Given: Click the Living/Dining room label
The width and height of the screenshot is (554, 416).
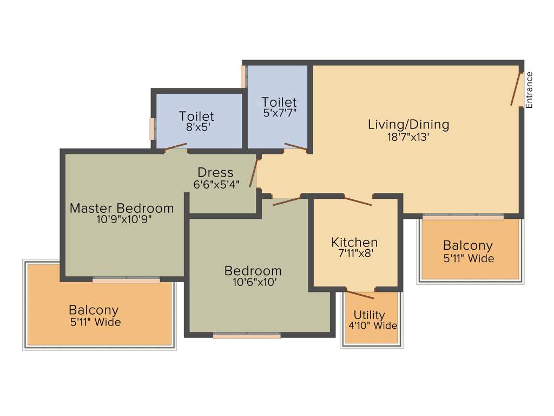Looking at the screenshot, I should point(408,124).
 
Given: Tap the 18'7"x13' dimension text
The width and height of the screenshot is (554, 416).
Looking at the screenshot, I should point(408,137).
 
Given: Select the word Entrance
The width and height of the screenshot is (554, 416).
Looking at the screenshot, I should point(530,90).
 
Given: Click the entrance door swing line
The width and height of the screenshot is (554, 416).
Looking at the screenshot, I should point(516,89).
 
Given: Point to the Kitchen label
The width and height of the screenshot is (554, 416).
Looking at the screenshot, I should point(354,242).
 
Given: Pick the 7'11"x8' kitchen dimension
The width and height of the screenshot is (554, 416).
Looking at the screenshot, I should point(354,253).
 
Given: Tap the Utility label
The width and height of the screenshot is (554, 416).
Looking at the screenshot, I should point(370,315).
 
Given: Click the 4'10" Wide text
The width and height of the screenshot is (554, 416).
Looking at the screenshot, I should point(373,326).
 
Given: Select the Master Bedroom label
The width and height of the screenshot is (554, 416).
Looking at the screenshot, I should point(122,208).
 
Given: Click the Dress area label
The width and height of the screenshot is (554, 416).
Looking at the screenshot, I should point(215,172).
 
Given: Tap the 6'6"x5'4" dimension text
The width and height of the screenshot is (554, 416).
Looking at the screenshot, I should point(216,184).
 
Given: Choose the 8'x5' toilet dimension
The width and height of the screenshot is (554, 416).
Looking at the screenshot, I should point(196,127).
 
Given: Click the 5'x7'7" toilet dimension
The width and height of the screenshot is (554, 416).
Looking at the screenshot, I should point(279,113).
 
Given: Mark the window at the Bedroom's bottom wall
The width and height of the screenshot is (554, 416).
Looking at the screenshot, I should point(247,336).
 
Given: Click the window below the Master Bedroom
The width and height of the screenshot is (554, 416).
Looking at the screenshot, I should point(126,280).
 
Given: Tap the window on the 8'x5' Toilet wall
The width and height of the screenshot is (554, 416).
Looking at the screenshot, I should point(153,129).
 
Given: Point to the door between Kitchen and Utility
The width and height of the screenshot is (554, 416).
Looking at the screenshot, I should point(360,295).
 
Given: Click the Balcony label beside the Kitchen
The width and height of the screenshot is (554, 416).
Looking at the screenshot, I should point(468,245).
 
